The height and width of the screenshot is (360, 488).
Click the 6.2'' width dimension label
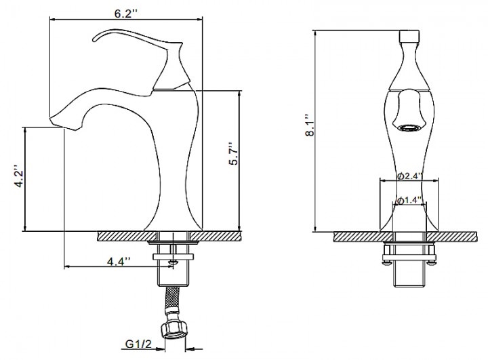(125, 14)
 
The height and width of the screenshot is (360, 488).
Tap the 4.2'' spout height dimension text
(20, 178)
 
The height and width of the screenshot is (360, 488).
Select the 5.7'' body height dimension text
(233, 154)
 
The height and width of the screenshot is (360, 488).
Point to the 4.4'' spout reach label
(119, 261)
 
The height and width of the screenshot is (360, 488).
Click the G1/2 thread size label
(138, 344)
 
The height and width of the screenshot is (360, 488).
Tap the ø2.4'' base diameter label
(410, 176)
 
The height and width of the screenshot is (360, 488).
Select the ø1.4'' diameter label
(409, 200)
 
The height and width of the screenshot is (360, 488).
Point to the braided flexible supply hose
(173, 300)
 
